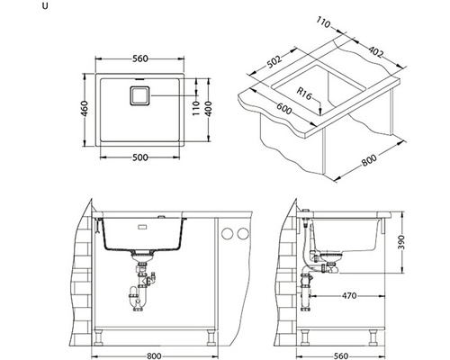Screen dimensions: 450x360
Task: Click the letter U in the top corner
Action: point(45,6)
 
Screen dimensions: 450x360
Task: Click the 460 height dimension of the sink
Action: point(85,109)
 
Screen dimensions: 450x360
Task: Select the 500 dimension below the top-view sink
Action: point(140,157)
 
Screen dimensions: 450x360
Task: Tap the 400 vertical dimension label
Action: point(209,109)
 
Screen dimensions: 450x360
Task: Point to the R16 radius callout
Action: point(304,94)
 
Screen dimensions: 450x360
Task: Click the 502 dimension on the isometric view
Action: point(274,61)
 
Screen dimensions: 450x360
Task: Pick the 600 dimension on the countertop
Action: point(283,109)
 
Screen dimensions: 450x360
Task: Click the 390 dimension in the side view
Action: point(401,243)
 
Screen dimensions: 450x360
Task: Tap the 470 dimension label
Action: point(349,296)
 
